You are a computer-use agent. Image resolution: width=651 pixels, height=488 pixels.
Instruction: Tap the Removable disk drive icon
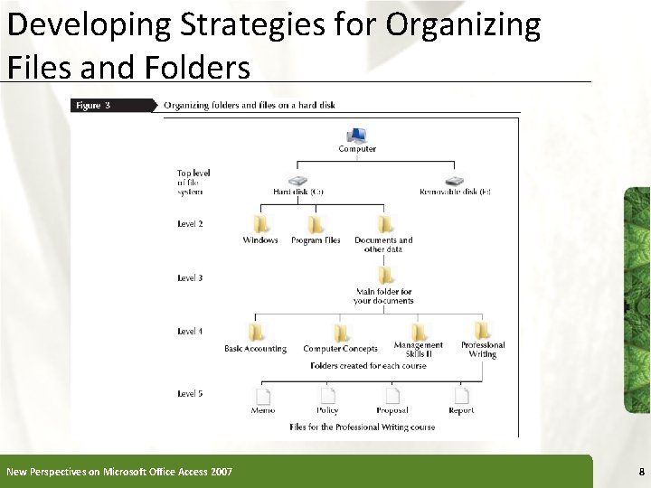[x=456, y=180]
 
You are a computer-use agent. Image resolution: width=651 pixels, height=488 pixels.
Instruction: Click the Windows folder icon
[x=261, y=223]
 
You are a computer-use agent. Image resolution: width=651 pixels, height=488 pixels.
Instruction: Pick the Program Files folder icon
[x=316, y=223]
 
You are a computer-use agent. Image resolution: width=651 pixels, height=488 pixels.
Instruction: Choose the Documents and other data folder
[x=385, y=223]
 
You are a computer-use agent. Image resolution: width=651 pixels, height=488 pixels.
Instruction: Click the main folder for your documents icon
[x=385, y=275]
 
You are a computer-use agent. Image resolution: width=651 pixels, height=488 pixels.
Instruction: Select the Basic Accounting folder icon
[x=256, y=332]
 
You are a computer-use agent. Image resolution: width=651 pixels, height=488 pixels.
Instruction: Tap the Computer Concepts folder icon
[x=341, y=332]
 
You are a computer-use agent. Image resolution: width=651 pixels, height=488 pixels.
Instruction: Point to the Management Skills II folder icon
[x=419, y=329]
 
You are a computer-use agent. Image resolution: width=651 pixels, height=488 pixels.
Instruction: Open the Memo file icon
[x=263, y=395]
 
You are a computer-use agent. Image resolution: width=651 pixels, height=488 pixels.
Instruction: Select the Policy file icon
[x=327, y=395]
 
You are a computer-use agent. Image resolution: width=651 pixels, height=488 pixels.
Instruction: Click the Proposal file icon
[x=393, y=395]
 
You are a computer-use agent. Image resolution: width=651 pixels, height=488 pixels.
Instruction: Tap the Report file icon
[x=461, y=395]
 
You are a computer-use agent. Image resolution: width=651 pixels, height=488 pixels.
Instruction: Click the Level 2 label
[x=190, y=223]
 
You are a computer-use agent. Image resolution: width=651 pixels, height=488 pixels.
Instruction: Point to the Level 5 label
[x=190, y=393]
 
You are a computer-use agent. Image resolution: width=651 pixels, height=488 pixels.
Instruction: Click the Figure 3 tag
[x=94, y=105]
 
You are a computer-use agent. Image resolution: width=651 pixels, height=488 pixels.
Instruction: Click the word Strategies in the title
[x=203, y=26]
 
